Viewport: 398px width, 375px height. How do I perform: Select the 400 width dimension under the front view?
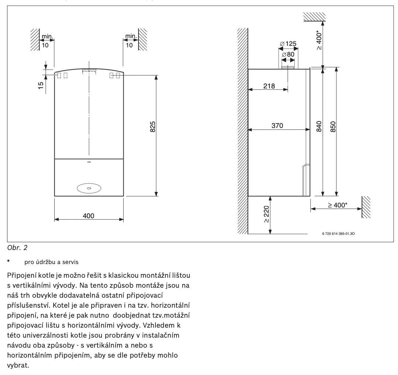click(89, 216)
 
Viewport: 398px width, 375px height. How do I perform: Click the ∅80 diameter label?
click(288, 55)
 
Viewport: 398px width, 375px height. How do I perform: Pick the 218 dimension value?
click(269, 86)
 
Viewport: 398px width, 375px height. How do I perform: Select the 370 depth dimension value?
click(277, 126)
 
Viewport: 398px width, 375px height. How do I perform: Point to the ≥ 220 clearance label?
click(267, 214)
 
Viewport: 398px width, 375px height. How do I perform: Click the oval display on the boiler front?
click(89, 188)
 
